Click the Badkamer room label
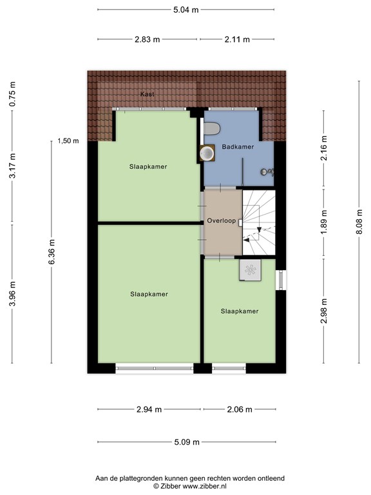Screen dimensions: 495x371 [x=238, y=147]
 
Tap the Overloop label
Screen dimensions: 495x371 [x=221, y=221]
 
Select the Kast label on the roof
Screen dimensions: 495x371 [x=147, y=95]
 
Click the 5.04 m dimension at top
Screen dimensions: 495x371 [x=186, y=10]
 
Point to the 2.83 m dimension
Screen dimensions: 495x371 [x=147, y=39]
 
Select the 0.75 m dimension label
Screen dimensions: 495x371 [x=13, y=95]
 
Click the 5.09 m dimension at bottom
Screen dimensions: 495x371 [x=186, y=442]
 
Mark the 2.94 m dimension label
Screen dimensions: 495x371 [x=149, y=409]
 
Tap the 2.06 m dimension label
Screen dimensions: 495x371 [x=238, y=409]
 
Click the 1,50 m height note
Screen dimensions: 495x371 [x=68, y=141]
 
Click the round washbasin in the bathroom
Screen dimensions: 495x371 [x=207, y=153]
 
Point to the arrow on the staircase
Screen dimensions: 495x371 [x=258, y=229]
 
